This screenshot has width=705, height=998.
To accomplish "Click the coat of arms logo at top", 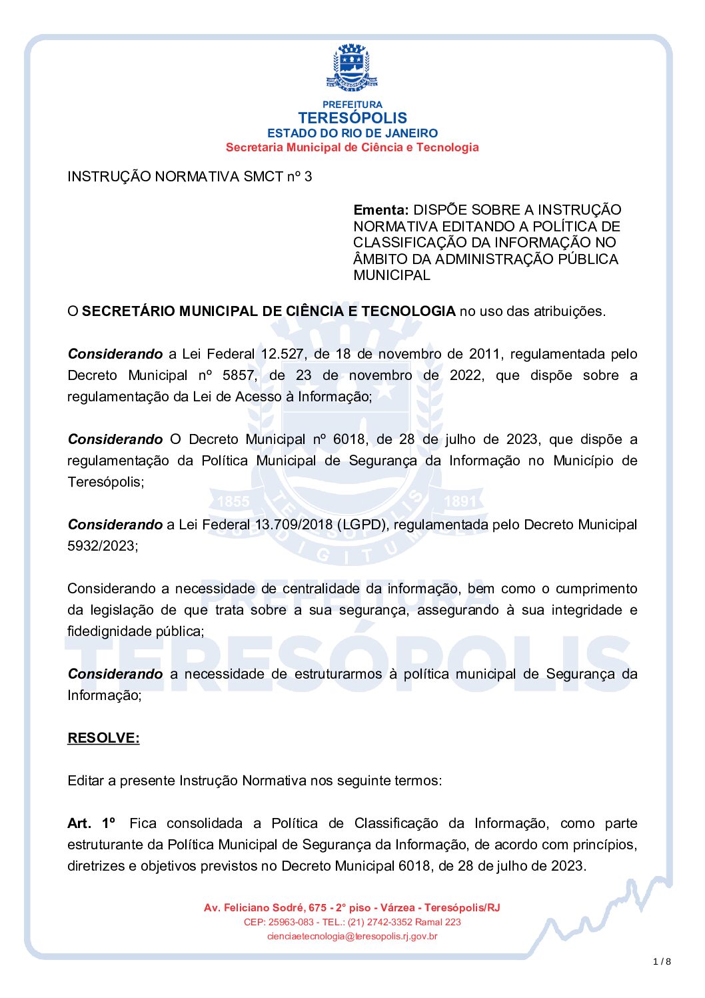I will pos(352,67).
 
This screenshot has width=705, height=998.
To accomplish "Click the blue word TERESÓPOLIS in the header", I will pos(352,118).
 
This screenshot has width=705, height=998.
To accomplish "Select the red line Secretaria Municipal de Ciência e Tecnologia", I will pos(352,147).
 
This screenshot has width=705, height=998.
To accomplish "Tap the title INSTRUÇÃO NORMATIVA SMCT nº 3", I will pos(189,177).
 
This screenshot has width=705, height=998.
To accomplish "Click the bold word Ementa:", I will pos(380,210).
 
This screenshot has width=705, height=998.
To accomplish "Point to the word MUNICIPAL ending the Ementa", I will pos(392,275).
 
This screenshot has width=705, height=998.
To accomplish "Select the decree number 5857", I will pos(239,375).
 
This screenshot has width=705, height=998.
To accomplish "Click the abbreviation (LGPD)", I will pos(362,525).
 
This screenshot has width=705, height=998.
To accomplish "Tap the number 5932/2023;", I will pos(103,546).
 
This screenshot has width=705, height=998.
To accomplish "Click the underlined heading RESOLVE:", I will pos(103,738).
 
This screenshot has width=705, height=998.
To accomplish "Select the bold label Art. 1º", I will pos(91,823).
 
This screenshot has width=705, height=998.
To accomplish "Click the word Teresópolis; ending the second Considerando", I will pos(105,482).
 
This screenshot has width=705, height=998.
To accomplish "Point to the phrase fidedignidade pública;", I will pos(135,631).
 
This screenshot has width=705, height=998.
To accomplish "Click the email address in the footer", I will pos(352,937).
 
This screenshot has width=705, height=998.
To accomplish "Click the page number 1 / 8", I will pos(662,961).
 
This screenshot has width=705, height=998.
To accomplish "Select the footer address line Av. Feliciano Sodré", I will pos(352,908).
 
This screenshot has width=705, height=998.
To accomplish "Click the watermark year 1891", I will pos(460,501).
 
